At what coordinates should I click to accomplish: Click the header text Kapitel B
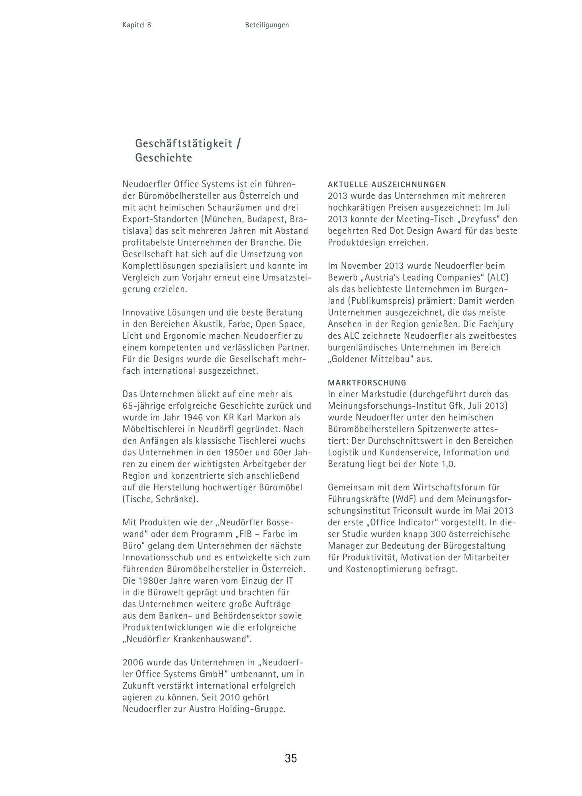[137, 25]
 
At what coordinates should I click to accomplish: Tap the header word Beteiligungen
[267, 25]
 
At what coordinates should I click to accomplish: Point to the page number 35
[291, 758]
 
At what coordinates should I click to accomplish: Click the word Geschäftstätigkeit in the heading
[184, 143]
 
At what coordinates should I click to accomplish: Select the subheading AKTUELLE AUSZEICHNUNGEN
[386, 185]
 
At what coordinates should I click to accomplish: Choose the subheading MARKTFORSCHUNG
[367, 383]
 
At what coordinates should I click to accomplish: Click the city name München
[223, 219]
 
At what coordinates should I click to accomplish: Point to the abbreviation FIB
[248, 534]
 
